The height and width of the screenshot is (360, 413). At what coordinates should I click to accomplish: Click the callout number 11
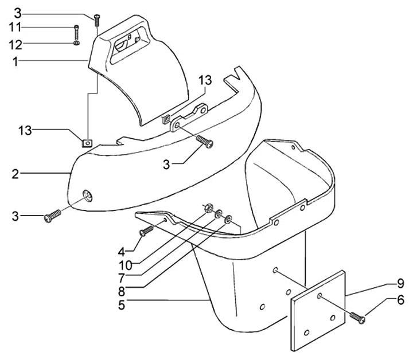(x=15, y=28)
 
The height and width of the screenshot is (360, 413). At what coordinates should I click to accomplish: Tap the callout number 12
(x=15, y=45)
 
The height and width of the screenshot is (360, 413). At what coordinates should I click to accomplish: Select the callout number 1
(x=15, y=61)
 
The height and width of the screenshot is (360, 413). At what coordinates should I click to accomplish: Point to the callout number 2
(x=15, y=174)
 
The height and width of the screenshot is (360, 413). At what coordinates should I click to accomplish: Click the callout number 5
(x=122, y=305)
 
